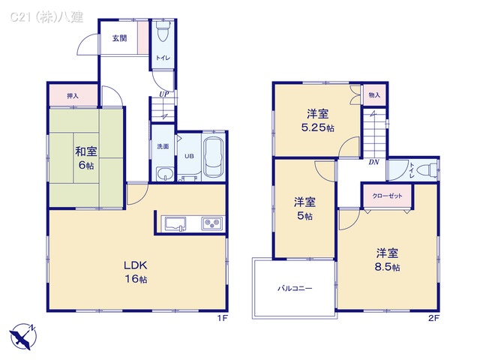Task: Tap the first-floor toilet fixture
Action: [163, 34]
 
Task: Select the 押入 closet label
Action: [73, 96]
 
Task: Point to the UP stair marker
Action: [163, 94]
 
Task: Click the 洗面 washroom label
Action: [163, 147]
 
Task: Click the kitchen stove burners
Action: [211, 223]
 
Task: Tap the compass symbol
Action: [22, 334]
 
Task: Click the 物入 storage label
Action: [374, 95]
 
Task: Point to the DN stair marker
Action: [373, 162]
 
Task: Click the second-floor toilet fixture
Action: [424, 170]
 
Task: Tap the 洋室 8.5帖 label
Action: [388, 259]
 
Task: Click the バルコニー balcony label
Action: [295, 287]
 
